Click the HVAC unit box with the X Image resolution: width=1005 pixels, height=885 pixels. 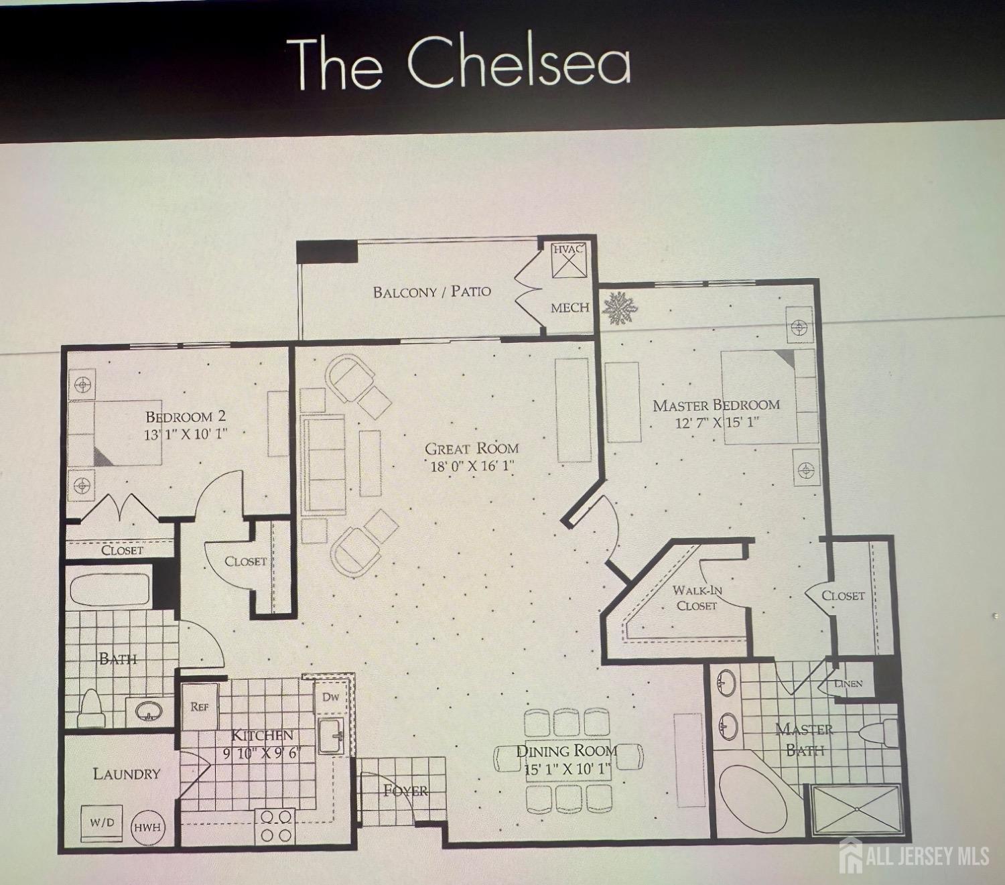(x=568, y=259)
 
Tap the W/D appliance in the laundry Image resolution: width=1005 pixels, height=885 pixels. (x=102, y=823)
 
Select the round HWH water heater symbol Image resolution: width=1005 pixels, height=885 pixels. (x=147, y=827)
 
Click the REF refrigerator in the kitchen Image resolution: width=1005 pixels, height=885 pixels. (x=200, y=706)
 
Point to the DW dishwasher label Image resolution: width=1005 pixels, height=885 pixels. (x=330, y=697)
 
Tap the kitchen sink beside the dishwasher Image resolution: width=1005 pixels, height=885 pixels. (x=332, y=736)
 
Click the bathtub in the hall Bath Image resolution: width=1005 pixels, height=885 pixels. (x=110, y=590)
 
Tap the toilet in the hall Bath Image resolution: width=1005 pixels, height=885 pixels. (x=90, y=707)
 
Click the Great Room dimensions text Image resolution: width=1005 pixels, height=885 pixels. (x=471, y=466)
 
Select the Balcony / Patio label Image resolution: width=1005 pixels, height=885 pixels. (x=432, y=291)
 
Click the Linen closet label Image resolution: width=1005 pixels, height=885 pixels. (x=848, y=683)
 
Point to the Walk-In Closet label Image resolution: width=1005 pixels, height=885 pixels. (x=696, y=598)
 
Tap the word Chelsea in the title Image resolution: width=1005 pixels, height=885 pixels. (x=519, y=65)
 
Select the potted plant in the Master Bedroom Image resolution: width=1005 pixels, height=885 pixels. (x=620, y=309)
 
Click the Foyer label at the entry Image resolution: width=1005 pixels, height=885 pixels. (x=406, y=791)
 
